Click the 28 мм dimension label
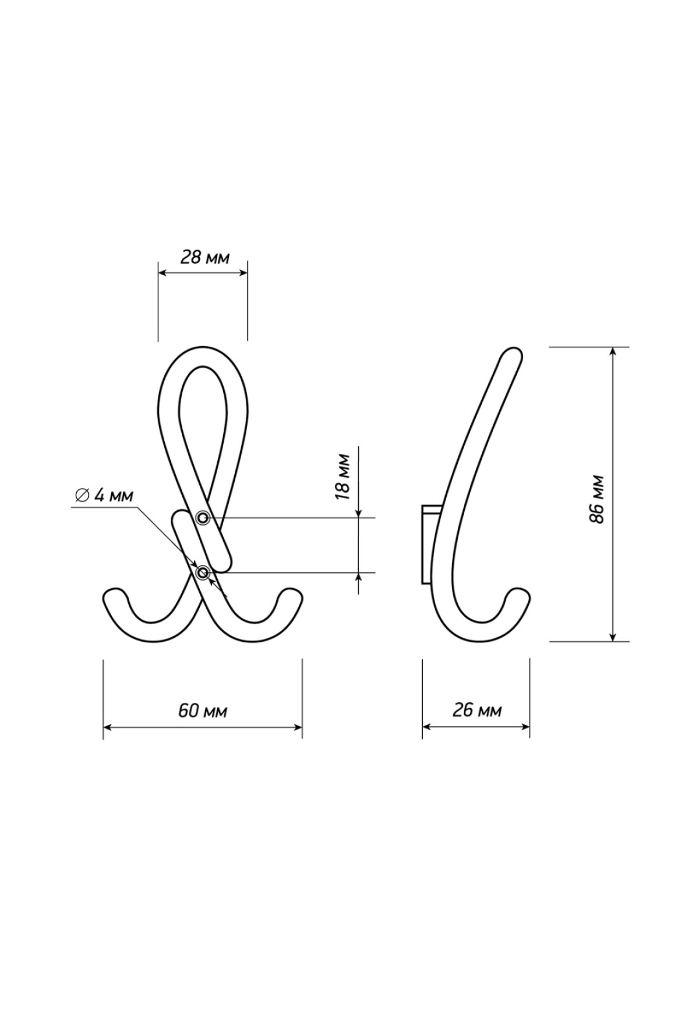204,257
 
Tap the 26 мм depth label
476,710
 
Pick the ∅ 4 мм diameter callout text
104,496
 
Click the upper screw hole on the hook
203,517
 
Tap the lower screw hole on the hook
203,573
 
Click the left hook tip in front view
114,598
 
